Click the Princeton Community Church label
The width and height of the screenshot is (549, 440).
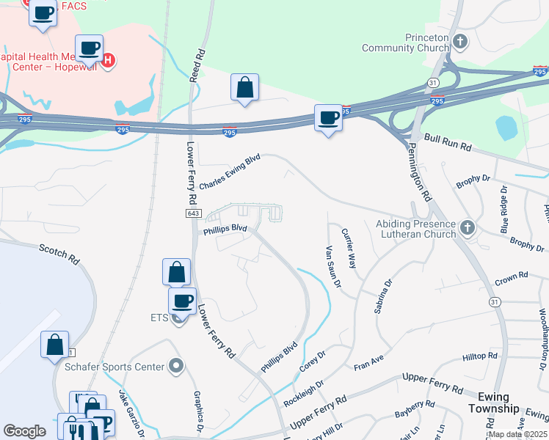[x=405, y=43]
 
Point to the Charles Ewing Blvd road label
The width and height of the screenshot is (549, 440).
[x=230, y=173]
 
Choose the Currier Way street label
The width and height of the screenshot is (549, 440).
[x=349, y=248]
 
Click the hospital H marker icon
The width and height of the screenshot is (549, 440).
[x=108, y=59]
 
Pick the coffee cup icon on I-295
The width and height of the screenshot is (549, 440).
[x=328, y=118]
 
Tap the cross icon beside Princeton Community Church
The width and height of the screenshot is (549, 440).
[x=460, y=41]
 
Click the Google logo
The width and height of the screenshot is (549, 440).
[x=25, y=430]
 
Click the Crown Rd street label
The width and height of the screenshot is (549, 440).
[x=512, y=276]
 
